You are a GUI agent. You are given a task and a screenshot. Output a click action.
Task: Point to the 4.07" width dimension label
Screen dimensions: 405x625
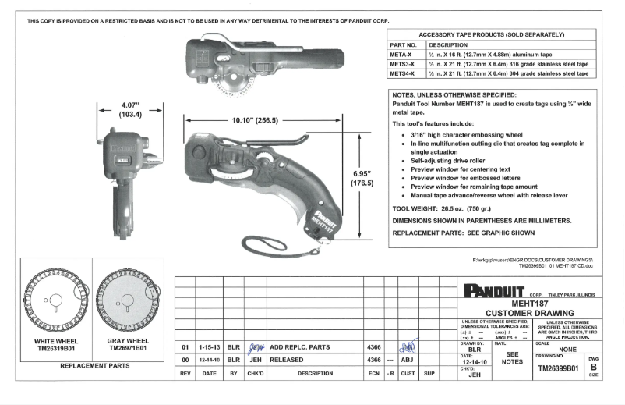pyautogui.click(x=129, y=109)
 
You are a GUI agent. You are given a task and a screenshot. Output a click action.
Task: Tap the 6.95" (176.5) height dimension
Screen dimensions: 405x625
pyautogui.click(x=363, y=178)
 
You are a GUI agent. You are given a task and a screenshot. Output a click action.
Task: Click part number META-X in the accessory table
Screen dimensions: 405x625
pyautogui.click(x=402, y=55)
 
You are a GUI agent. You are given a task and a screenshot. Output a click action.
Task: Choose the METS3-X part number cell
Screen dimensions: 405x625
pyautogui.click(x=403, y=64)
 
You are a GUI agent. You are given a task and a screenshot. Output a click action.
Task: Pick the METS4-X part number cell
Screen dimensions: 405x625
pyautogui.click(x=403, y=73)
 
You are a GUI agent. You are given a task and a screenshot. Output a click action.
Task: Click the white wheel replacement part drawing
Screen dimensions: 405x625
pyautogui.click(x=58, y=297)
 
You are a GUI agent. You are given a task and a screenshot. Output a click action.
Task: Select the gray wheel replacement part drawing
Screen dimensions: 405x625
pyautogui.click(x=128, y=297)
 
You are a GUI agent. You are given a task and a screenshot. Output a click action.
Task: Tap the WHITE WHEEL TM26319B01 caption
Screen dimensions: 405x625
pyautogui.click(x=57, y=346)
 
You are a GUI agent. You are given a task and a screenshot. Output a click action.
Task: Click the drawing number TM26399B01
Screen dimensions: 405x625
pyautogui.click(x=557, y=368)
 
